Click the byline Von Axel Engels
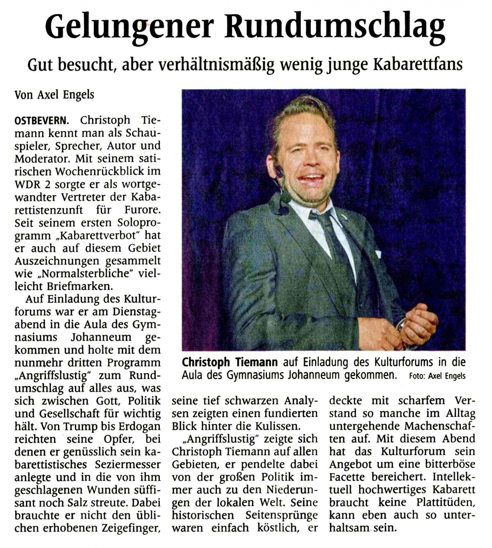point(54,95)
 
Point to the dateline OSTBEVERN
point(40,121)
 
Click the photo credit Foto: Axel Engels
point(437,376)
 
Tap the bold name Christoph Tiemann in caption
point(230,362)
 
